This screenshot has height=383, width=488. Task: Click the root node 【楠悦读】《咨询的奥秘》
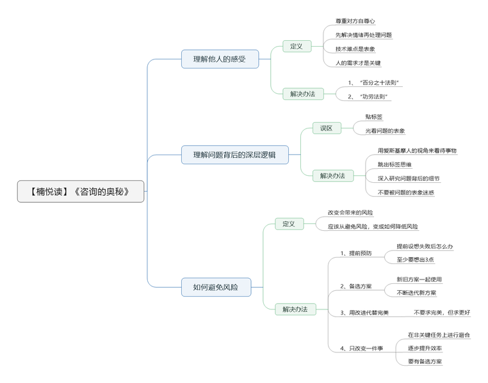(81, 191)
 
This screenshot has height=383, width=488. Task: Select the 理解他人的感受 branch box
(220, 59)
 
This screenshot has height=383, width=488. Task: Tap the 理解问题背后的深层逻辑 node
(234, 155)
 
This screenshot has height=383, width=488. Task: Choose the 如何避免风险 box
(215, 287)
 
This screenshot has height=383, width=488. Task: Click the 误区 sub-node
(327, 128)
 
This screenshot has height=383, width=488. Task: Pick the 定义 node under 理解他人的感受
(297, 46)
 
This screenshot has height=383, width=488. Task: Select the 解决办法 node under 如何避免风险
(295, 309)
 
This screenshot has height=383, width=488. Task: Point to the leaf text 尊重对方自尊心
(355, 21)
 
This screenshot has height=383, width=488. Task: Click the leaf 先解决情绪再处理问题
(363, 35)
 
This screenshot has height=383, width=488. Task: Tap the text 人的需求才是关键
(358, 63)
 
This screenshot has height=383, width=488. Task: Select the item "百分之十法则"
(375, 82)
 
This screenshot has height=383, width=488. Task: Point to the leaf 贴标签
(374, 117)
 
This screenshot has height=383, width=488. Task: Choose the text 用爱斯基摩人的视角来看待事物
(417, 150)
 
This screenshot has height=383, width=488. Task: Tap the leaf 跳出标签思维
(399, 164)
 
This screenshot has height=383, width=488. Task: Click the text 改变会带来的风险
(350, 212)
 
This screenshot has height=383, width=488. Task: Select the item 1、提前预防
(355, 253)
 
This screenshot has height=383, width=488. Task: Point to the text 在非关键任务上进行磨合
(439, 334)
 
